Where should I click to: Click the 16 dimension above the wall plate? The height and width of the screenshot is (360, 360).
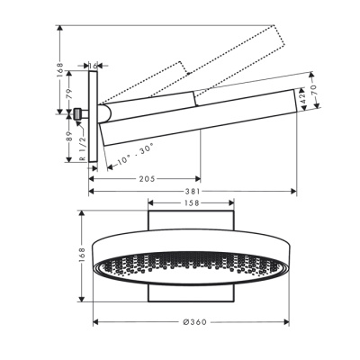click(93, 66)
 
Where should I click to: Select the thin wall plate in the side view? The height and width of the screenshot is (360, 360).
click(93, 117)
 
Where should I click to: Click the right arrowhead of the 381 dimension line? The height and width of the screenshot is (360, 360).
click(293, 191)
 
